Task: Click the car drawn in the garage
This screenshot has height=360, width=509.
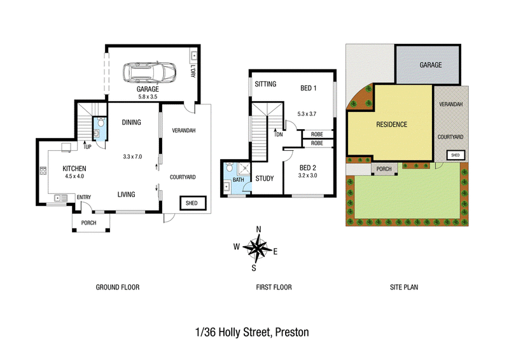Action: click(x=150, y=73)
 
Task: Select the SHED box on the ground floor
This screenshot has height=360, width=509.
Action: click(x=193, y=203)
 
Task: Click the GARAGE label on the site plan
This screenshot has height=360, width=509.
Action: click(x=431, y=65)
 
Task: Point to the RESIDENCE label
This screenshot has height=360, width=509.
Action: click(x=391, y=124)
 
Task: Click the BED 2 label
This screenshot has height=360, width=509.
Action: click(x=308, y=168)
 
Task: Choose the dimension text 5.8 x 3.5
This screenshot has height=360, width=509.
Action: click(x=148, y=97)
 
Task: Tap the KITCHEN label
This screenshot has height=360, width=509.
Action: click(x=74, y=169)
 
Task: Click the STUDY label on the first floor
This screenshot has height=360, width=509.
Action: click(x=265, y=178)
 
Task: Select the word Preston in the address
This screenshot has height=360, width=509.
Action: click(x=292, y=333)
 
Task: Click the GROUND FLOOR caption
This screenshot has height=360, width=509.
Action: click(x=118, y=287)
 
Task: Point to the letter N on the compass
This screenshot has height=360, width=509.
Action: click(x=258, y=230)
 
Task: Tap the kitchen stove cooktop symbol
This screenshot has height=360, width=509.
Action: click(x=43, y=170)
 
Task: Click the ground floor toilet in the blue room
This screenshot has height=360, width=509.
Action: click(x=101, y=122)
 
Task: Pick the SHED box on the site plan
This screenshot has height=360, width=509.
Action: click(x=456, y=155)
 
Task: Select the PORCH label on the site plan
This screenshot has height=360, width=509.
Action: click(x=384, y=169)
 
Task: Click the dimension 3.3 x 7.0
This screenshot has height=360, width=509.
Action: click(x=132, y=156)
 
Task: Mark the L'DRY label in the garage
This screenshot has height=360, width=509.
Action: click(x=193, y=71)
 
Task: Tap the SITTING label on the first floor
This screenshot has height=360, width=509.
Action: click(x=265, y=84)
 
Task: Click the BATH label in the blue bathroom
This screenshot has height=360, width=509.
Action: click(x=238, y=179)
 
